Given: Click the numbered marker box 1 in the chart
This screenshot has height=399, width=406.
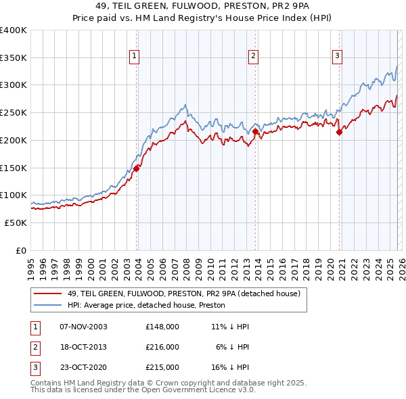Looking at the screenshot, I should (x=135, y=56).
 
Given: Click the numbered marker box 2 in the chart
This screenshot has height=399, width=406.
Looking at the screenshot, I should (x=253, y=56).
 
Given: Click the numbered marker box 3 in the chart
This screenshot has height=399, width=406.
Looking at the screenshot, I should (x=337, y=56).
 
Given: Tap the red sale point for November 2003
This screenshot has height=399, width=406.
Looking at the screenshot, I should (x=137, y=168).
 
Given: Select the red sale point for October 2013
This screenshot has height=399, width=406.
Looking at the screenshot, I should (x=256, y=133).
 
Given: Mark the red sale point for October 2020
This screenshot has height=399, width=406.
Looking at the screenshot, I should (x=340, y=133).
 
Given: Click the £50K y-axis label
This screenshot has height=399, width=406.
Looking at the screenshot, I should (x=16, y=222).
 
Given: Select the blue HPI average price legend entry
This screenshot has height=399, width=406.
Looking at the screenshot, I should (x=146, y=306).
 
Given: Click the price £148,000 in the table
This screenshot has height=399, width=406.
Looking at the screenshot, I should (x=162, y=327).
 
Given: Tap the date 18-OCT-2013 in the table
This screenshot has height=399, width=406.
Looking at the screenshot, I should (x=83, y=347).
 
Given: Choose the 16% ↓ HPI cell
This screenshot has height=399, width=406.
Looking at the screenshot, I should (x=230, y=367).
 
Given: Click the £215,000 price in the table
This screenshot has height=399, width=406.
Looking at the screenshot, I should (x=162, y=367).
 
